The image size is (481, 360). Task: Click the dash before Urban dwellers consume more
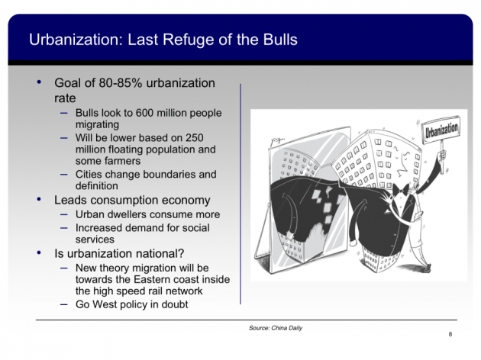pyautogui.click(x=63, y=216)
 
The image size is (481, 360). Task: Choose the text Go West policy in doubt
pyautogui.click(x=133, y=305)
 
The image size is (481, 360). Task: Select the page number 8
pyautogui.click(x=450, y=335)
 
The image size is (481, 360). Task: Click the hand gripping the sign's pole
pyautogui.click(x=440, y=161)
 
